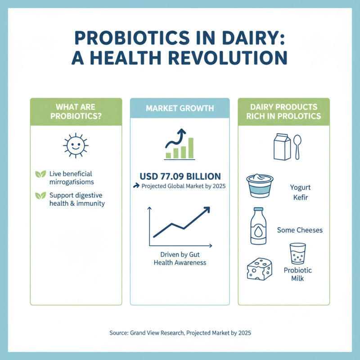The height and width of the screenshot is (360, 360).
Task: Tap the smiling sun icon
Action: pyautogui.click(x=75, y=145)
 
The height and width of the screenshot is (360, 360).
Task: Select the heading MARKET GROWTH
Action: pyautogui.click(x=180, y=108)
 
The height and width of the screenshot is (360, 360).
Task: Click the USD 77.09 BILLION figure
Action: pyautogui.click(x=180, y=176)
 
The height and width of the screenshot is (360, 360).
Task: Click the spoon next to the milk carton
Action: pyautogui.click(x=297, y=146)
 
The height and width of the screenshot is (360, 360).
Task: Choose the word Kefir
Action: pyautogui.click(x=300, y=198)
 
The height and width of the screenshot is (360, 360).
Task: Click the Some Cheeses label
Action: pyautogui.click(x=300, y=230)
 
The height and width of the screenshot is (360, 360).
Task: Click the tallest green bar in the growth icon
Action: pyautogui.click(x=191, y=148)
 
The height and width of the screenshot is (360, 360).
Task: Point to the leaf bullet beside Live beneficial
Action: pyautogui.click(x=40, y=174)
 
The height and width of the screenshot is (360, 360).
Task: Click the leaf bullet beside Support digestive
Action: pyautogui.click(x=40, y=196)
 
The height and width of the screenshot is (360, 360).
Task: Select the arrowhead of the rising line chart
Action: pyautogui.click(x=207, y=210)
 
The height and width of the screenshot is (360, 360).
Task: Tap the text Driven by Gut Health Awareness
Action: pyautogui.click(x=180, y=258)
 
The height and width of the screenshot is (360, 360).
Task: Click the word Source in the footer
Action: pyautogui.click(x=118, y=333)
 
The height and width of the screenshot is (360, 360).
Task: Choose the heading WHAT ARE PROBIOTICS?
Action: pyautogui.click(x=76, y=111)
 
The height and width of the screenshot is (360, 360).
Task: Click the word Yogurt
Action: pyautogui.click(x=300, y=187)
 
